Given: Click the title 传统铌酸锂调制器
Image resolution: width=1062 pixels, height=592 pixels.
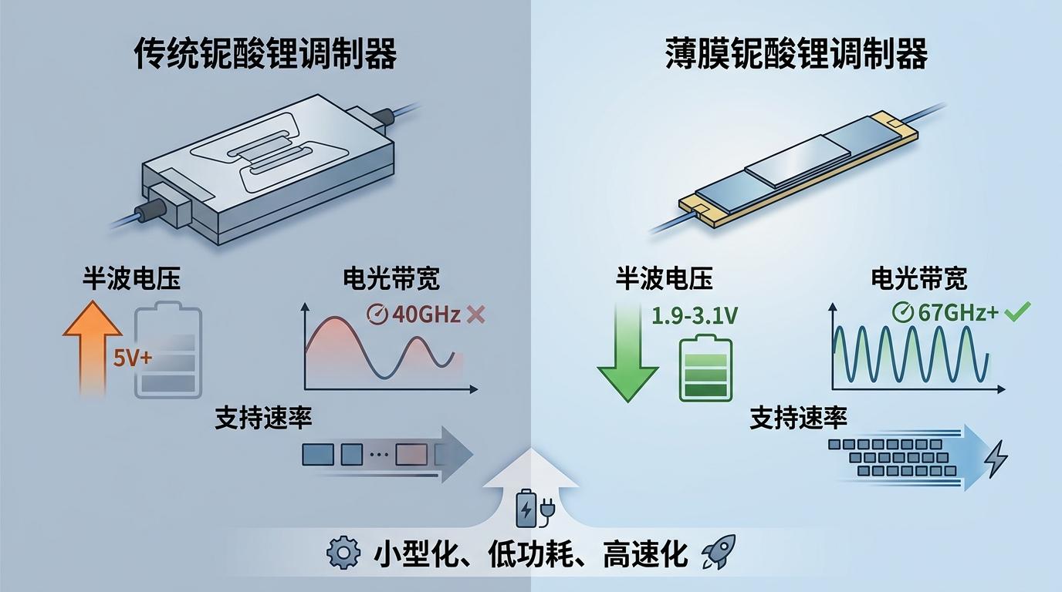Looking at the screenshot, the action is (266, 54).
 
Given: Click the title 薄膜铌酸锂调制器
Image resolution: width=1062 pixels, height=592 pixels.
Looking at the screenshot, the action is (796, 54).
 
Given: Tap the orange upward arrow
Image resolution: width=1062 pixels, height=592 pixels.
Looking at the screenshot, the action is (93, 348).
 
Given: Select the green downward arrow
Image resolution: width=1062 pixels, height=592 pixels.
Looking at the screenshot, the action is (627, 353).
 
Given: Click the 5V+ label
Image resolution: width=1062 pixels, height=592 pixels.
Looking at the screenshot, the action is (133, 358).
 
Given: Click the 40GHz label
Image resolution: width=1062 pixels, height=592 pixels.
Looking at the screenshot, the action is (426, 314).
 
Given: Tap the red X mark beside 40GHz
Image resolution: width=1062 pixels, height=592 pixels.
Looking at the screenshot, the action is (475, 314).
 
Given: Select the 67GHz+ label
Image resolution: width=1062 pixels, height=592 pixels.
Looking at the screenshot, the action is (958, 312).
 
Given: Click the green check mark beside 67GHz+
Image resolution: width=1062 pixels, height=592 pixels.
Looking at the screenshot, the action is (1017, 311).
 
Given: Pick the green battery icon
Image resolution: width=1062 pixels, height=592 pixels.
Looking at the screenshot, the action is (706, 368).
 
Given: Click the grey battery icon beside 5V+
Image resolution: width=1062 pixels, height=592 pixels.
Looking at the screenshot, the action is (168, 350).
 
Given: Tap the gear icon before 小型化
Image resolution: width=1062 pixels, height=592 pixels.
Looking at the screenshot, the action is (343, 553).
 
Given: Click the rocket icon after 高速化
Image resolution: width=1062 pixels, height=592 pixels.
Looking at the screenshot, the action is (719, 552).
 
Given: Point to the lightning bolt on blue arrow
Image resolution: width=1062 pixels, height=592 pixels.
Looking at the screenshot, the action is (996, 459).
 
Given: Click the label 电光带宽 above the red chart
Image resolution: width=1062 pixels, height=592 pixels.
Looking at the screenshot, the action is (391, 278).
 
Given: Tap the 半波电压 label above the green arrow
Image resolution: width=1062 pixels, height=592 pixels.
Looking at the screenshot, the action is (665, 278).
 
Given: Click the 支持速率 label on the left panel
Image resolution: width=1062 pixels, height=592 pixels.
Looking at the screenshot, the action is (263, 418).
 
